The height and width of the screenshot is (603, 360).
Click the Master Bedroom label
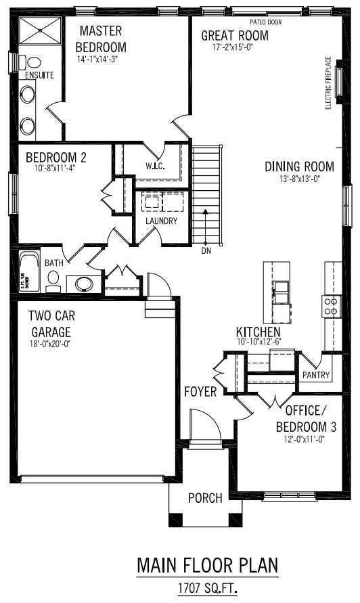tap(101, 39)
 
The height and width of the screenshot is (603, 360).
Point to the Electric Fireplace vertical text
tap(328, 83)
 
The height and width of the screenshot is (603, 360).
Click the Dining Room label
tap(299, 166)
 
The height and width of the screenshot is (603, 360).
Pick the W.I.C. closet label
tap(156, 166)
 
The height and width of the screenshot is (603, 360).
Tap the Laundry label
tap(162, 221)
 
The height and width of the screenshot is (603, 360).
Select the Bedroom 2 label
tap(56, 158)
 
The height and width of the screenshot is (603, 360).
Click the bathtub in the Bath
tap(28, 271)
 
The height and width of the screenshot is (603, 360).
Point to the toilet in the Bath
tap(54, 283)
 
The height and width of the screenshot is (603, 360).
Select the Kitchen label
tap(258, 332)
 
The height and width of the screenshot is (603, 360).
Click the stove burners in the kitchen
tap(332, 306)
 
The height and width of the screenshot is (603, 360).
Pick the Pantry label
tap(316, 375)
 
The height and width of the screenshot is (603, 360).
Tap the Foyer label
tap(200, 391)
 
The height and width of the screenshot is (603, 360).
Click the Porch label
tap(205, 498)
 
